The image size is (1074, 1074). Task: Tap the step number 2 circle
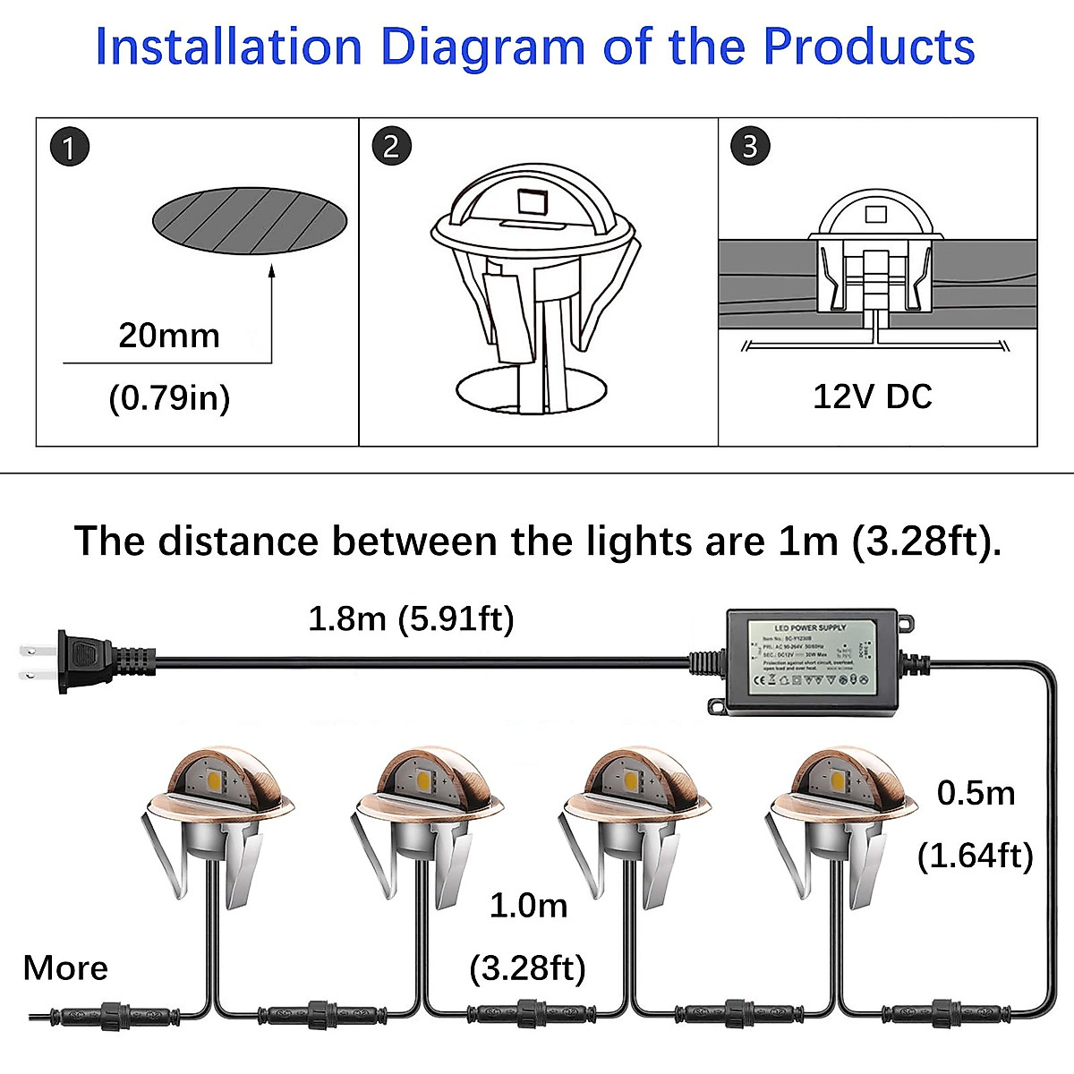coord(392,147)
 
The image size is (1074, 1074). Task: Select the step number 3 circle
coord(750,147)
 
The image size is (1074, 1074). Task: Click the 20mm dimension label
coord(169,336)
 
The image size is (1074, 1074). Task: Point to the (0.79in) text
coord(169,397)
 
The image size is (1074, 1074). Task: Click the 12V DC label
coord(872,396)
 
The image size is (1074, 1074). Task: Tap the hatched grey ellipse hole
coord(251,220)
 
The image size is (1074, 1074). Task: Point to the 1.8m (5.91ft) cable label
coord(411,618)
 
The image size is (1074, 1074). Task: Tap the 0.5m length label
coord(976,793)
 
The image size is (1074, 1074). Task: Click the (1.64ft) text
coord(976,856)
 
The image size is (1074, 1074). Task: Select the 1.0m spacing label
coord(528,906)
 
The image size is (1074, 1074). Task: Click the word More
coord(65,967)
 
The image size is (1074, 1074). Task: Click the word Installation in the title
coord(228,47)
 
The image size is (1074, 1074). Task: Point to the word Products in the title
coord(868,47)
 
